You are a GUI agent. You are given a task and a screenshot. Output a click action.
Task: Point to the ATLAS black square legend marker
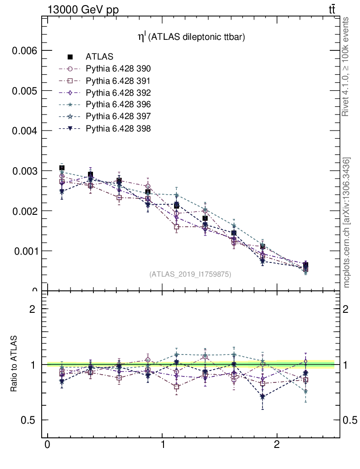[x=70, y=57]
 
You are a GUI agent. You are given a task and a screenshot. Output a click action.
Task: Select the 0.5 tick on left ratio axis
[x=29, y=420]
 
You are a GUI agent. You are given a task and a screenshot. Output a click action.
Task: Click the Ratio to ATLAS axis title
[x=14, y=364]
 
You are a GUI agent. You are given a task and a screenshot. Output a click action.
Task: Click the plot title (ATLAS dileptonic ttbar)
[x=192, y=38]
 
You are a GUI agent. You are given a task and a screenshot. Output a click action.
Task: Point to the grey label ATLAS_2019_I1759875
[x=190, y=274]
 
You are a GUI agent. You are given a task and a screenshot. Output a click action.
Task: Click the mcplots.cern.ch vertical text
[x=347, y=223]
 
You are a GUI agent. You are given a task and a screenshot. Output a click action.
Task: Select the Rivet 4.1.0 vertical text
[x=347, y=66]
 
